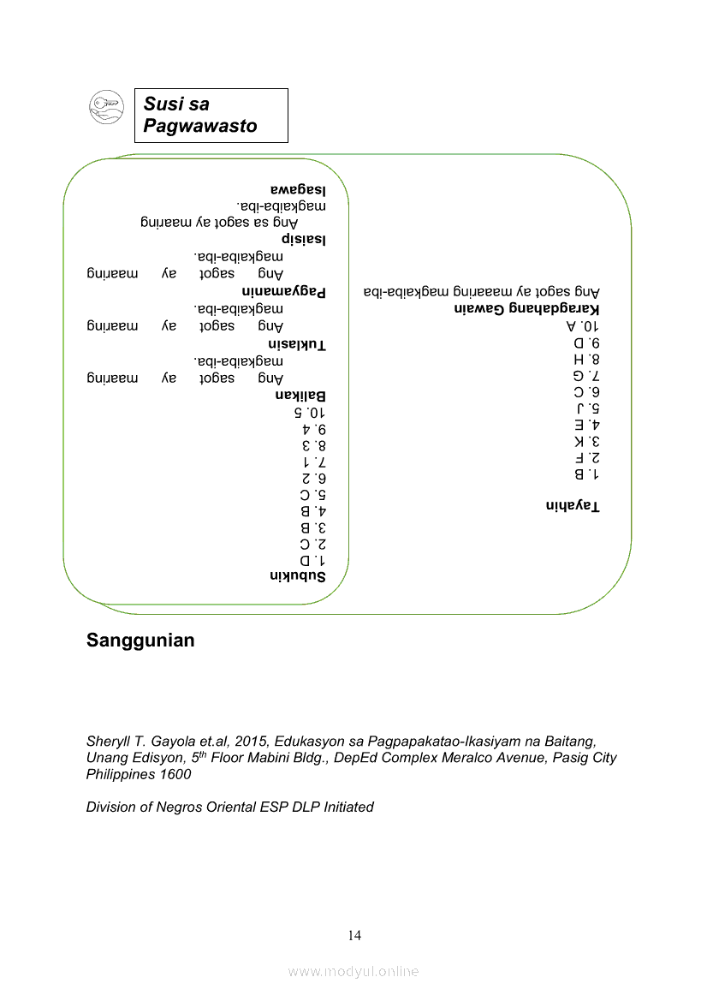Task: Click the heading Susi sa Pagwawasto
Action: [200, 116]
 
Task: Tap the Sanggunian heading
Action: [140, 641]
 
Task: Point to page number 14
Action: [354, 935]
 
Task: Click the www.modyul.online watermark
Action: [353, 971]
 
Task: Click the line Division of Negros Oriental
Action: [229, 807]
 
